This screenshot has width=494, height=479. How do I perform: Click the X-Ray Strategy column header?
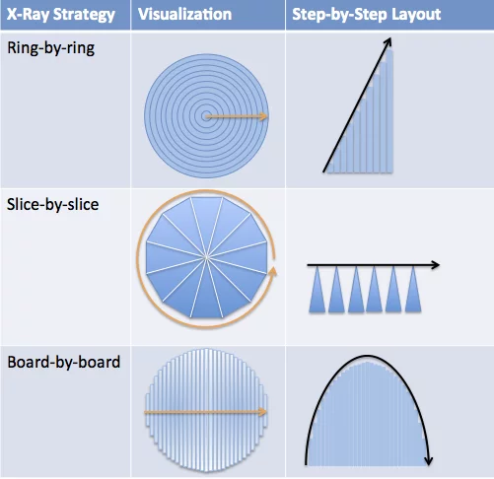(61, 15)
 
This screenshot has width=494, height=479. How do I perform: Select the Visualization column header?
(184, 15)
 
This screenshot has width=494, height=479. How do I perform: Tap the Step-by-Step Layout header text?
(367, 15)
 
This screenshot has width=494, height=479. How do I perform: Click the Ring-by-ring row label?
(51, 48)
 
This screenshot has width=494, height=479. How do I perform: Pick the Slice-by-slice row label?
(52, 204)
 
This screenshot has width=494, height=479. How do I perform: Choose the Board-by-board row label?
(64, 362)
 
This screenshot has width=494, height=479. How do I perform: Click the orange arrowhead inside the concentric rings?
(263, 116)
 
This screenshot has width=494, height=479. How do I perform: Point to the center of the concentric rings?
(206, 116)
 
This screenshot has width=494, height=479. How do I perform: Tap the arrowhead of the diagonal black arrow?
(388, 41)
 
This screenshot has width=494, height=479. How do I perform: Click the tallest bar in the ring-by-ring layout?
(389, 111)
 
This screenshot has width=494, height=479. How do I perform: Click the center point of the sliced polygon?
(206, 257)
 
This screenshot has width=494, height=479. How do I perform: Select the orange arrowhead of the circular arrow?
(272, 272)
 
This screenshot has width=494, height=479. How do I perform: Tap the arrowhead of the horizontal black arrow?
(436, 265)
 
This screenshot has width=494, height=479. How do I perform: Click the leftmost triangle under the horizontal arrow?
(318, 290)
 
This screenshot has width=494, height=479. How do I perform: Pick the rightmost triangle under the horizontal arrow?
(413, 290)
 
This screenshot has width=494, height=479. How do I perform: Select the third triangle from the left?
(356, 290)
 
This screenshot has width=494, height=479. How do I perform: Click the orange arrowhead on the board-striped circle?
(262, 412)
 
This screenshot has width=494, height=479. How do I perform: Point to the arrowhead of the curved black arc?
(428, 460)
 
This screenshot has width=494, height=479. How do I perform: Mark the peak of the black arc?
(367, 356)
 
